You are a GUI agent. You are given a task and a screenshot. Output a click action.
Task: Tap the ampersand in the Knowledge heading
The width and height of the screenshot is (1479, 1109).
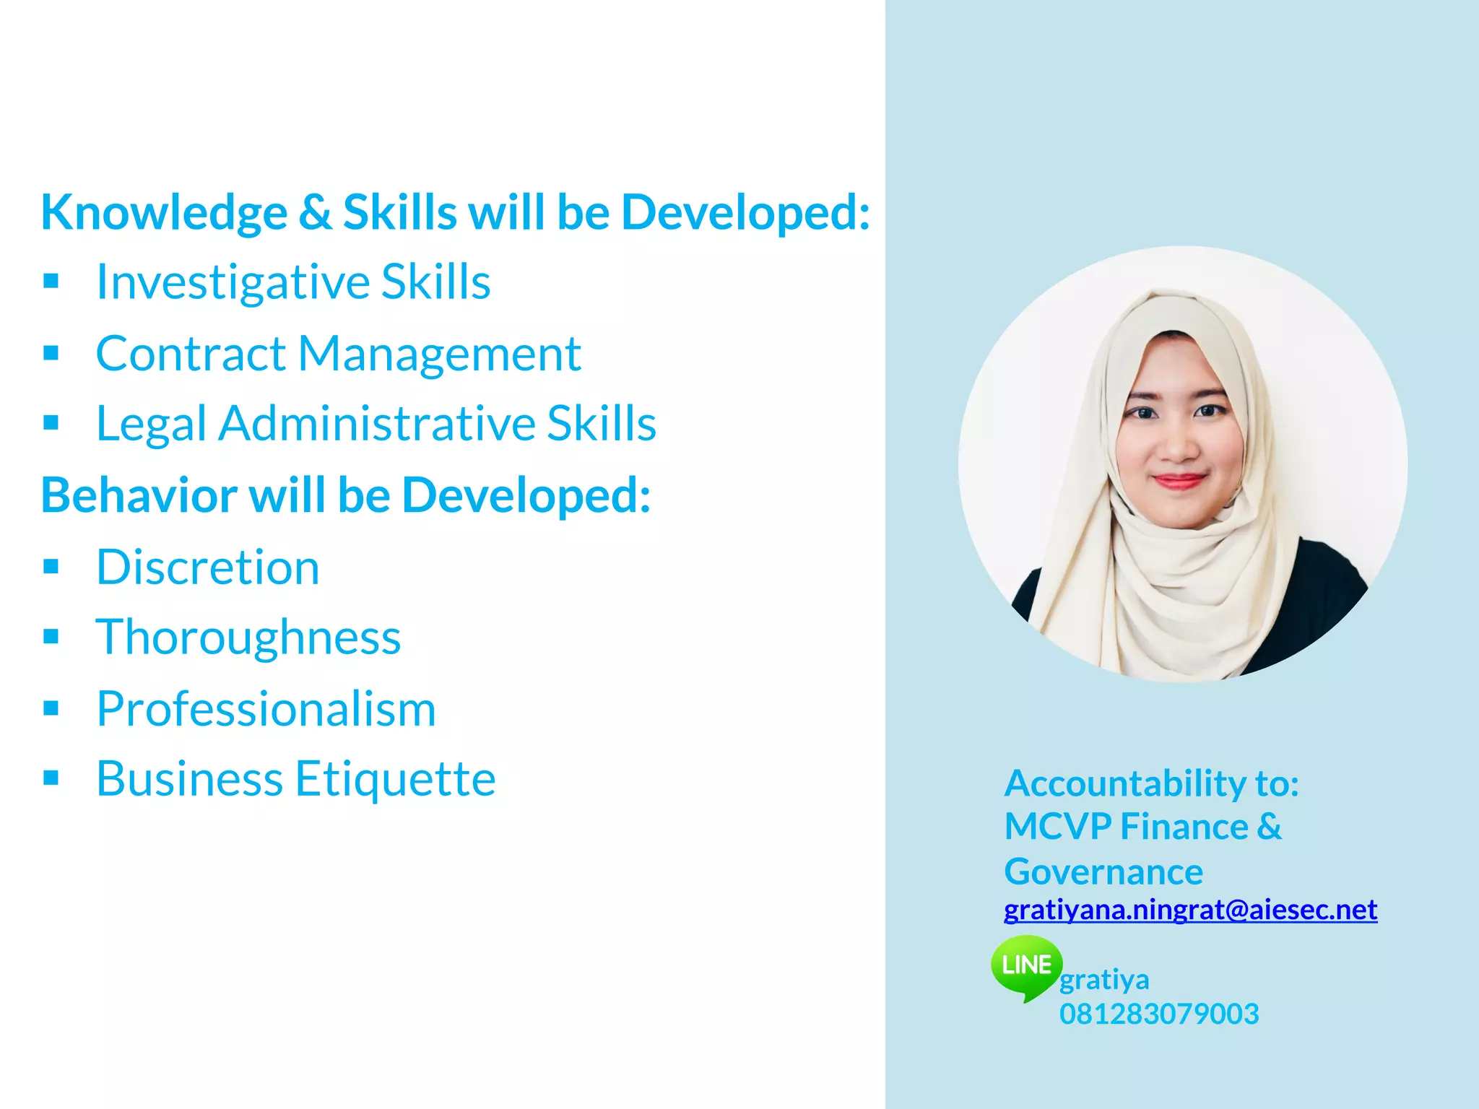pos(315,212)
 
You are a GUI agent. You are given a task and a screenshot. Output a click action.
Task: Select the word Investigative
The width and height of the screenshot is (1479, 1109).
pos(232,282)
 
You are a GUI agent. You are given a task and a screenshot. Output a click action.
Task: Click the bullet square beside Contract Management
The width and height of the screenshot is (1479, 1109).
pos(51,353)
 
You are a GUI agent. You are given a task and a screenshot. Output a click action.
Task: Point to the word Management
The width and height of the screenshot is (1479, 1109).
pos(439,354)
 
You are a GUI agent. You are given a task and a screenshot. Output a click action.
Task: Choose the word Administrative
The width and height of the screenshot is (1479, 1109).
pos(376,423)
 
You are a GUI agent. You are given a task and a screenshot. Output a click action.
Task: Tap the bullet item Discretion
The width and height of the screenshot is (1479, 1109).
pos(208,567)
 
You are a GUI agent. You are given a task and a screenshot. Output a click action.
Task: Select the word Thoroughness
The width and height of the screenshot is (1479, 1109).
pos(248,638)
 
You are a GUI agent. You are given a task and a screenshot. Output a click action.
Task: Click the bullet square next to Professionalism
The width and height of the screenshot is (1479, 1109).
pos(51,708)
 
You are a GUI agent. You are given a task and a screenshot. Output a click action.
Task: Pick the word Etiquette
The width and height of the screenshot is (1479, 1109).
pos(395,779)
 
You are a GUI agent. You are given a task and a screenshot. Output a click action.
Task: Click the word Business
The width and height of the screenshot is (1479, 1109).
pos(189,779)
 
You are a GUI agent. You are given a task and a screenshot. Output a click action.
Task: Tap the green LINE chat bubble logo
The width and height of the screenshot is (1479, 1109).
pos(1026,966)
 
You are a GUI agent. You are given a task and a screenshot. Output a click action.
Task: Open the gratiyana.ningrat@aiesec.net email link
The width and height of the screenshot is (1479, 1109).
pos(1190,910)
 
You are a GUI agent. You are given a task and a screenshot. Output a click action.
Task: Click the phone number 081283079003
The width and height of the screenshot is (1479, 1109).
pos(1159,1014)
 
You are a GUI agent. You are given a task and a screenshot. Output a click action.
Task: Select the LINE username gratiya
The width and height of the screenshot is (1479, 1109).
pos(1104,980)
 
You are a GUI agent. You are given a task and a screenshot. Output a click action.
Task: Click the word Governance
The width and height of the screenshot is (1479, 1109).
pos(1103,872)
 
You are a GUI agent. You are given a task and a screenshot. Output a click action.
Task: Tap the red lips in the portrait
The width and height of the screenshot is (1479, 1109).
pos(1179,481)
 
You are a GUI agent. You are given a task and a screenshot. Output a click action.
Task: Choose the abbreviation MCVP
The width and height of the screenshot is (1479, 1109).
pos(1057,827)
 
